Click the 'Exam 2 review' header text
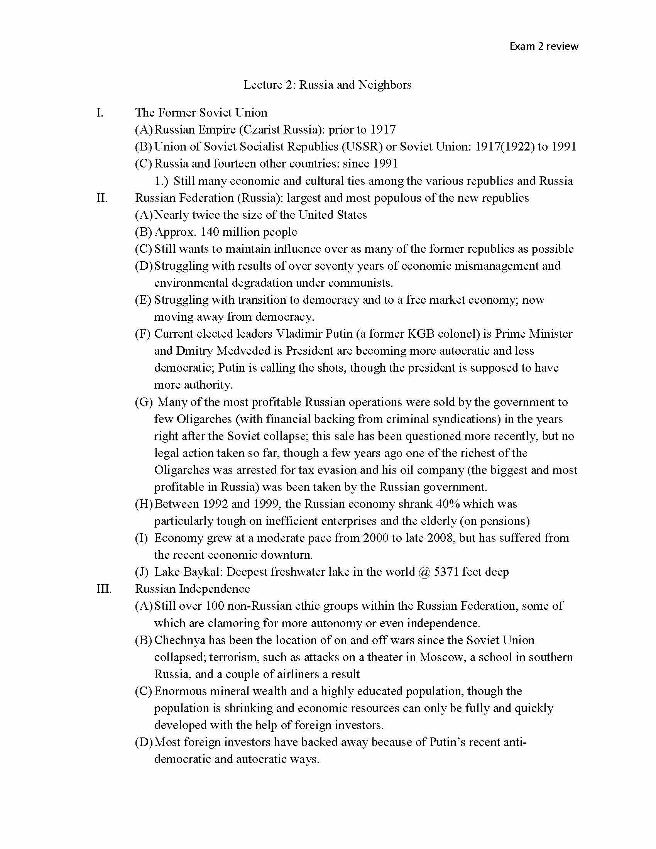544,46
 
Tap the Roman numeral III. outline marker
104,589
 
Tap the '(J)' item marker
142,572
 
